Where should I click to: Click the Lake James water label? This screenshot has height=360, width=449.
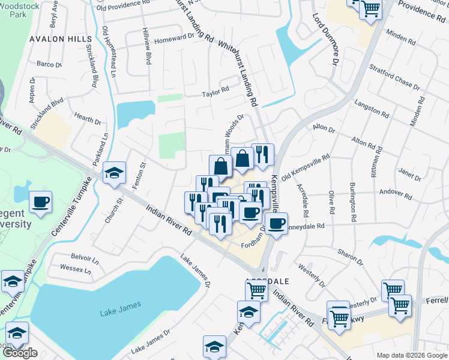[120, 305]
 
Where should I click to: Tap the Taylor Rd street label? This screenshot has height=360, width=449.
[215, 92]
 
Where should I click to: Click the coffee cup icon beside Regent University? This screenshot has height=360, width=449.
[40, 203]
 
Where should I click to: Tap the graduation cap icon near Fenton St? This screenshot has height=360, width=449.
[113, 174]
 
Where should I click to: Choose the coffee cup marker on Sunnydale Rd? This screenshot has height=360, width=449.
[276, 224]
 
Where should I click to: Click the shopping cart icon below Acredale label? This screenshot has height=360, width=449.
[257, 290]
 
